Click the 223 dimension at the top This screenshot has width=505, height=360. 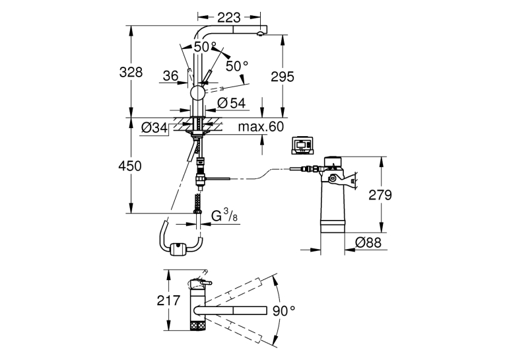228,17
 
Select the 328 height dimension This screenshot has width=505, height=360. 131,72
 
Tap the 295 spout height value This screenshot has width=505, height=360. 283,77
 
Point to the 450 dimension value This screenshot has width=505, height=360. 130,166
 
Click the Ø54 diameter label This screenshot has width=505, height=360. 231,103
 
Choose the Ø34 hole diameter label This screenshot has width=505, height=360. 155,128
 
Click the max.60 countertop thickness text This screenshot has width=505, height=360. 261,126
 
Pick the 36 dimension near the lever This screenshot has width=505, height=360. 170,76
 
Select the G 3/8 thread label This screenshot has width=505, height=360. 224,215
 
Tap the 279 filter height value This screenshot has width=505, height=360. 380,195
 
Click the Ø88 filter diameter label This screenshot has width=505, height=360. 368,242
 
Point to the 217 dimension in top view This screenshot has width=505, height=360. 168,301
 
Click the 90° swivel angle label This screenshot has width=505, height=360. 284,310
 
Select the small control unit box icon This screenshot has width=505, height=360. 302,146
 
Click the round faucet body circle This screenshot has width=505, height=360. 197,93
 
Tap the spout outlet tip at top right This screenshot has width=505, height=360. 261,34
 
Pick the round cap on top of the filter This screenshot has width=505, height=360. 333,161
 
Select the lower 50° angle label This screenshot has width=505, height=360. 237,66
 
